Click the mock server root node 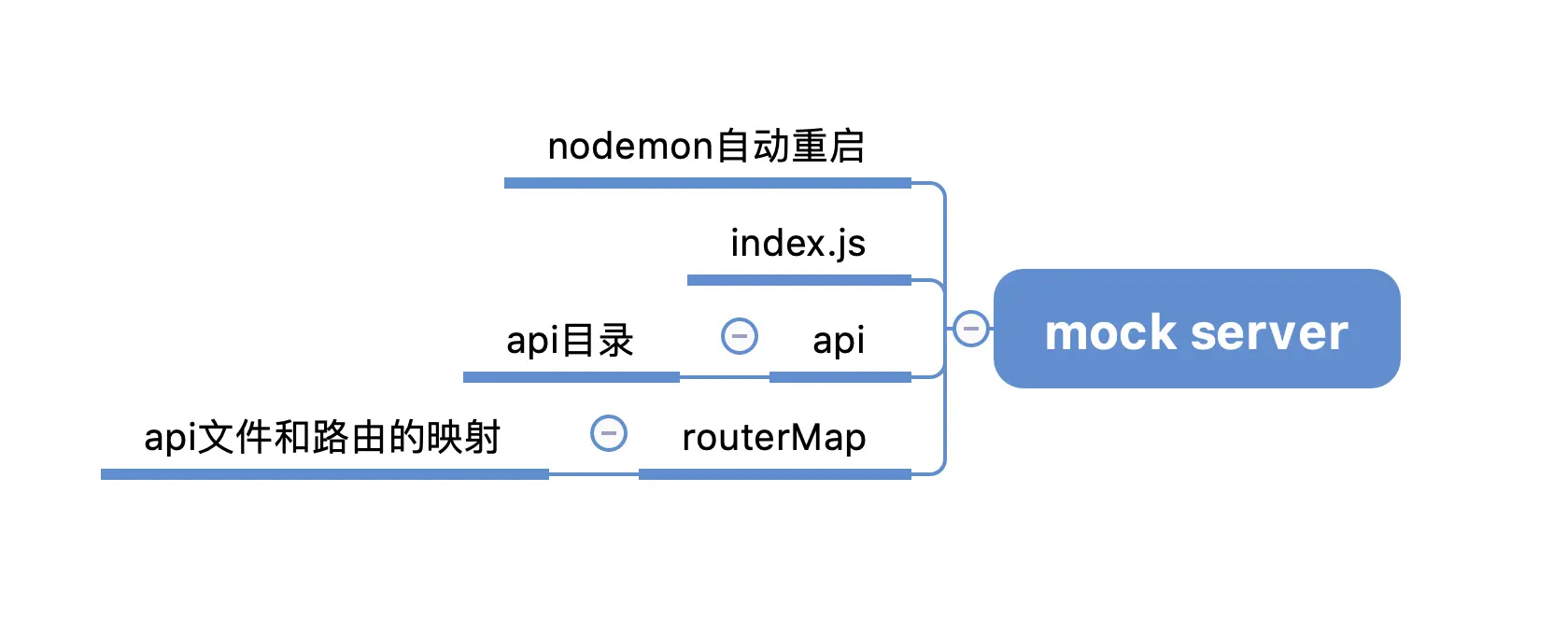pos(1196,329)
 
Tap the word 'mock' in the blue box pos(1110,332)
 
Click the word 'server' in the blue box pos(1269,332)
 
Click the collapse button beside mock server pos(971,328)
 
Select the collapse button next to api pos(740,336)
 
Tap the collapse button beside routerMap pos(609,433)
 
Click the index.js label pos(798,244)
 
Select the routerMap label pos(774,437)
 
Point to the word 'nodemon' pos(630,147)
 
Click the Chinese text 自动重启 pos(790,147)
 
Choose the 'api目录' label pos(570,341)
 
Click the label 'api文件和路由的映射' pos(322,438)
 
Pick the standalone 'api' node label pos(839,341)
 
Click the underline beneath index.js pos(798,280)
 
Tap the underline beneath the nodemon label pos(707,183)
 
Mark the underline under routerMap pos(774,474)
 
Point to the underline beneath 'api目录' pos(571,378)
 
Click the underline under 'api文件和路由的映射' pos(325,474)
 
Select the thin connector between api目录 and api pos(725,377)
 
